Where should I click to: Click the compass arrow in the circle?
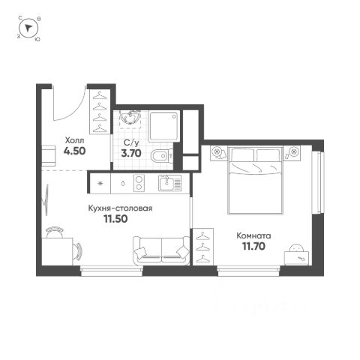point(28,28)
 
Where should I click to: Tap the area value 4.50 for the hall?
point(74,151)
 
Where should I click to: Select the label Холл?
point(74,140)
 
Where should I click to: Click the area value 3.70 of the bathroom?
point(131,153)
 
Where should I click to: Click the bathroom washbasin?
point(130,118)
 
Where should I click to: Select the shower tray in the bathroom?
point(164,127)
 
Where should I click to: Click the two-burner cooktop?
point(139,183)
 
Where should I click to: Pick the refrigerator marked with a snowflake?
point(100,183)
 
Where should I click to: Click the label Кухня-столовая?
point(120,208)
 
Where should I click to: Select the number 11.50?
point(115,219)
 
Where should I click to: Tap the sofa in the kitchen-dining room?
point(161,250)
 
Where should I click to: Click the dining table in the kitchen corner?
point(57,251)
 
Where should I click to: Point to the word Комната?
point(253,235)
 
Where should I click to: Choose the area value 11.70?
point(253,247)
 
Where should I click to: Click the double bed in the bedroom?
point(256,181)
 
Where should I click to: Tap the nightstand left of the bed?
point(219,153)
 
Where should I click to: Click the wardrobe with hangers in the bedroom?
point(203,246)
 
